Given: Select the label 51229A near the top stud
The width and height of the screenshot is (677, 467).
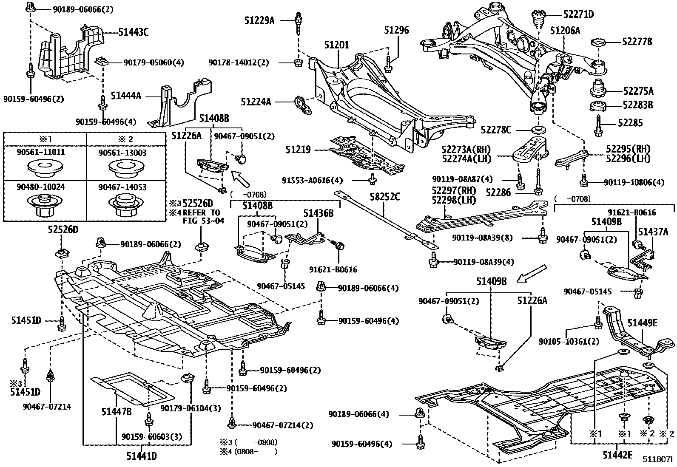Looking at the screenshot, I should (259, 20).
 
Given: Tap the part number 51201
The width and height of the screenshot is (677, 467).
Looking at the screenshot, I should (336, 45).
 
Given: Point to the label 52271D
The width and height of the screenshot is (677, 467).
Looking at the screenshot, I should (579, 14).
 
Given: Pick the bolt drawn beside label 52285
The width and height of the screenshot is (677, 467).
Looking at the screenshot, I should (598, 124).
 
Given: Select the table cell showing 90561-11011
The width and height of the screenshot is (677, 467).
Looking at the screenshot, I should (45, 163).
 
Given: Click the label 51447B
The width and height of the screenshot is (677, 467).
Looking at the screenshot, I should (117, 411).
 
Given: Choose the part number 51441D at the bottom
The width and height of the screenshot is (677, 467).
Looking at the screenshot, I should (142, 456).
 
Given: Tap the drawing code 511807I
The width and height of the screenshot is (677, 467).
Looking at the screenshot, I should (658, 460).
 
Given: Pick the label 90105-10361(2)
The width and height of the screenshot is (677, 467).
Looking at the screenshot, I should (569, 341).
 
